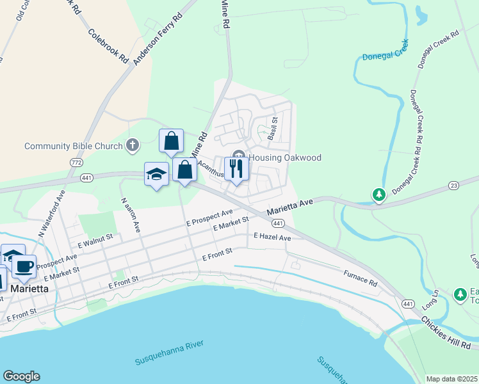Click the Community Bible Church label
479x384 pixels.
click(73, 146)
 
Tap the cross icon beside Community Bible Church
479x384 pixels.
click(133, 145)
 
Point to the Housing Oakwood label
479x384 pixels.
click(284, 157)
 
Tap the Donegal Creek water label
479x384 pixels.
click(385, 56)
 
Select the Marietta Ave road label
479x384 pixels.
click(289, 205)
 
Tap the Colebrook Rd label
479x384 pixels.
click(109, 45)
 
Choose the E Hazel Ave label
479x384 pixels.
click(272, 237)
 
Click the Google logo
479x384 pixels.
click(21, 376)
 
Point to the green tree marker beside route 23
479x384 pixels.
click(379, 193)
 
